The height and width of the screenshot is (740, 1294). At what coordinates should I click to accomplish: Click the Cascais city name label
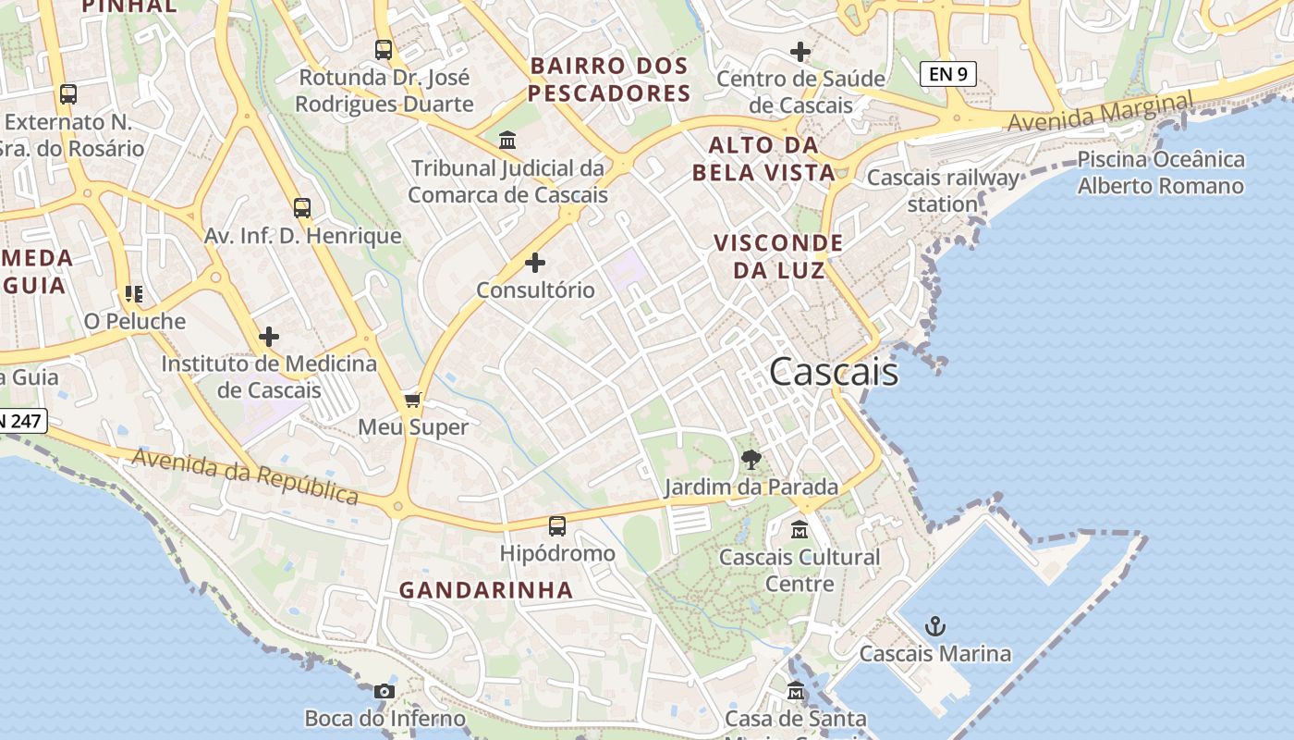tap(833, 372)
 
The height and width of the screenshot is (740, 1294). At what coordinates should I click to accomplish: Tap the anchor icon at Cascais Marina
tap(935, 627)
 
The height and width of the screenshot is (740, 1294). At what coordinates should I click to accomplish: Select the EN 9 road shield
tap(947, 74)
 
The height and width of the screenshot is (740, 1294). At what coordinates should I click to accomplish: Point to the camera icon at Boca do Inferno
tap(385, 691)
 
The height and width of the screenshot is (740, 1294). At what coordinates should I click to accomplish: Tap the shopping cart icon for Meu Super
tap(413, 400)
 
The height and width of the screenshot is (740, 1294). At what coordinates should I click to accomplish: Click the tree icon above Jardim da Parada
tap(751, 459)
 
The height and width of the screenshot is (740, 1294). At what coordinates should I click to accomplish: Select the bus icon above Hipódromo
tap(556, 526)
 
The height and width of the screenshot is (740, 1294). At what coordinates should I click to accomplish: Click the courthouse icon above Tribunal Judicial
tap(507, 141)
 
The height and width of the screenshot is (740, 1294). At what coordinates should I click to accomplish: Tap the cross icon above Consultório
tap(535, 263)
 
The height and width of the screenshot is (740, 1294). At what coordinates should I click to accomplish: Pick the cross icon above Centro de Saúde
tap(800, 52)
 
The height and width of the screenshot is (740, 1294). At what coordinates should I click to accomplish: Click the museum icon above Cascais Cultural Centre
tap(800, 530)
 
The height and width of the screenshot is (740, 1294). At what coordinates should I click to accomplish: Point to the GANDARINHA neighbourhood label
tap(486, 590)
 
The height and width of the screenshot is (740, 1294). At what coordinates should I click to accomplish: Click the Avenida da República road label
tap(245, 476)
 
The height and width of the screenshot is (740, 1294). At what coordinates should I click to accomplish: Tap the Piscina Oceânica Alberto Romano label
tap(1160, 173)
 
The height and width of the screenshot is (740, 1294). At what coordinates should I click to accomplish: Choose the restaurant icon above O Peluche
tap(134, 294)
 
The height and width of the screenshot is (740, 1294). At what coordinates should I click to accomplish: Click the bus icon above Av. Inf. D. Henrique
tap(302, 208)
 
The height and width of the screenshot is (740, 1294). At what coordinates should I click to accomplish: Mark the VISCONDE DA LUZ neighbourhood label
tap(778, 256)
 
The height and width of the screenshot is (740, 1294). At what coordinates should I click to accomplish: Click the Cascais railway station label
tap(943, 191)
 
